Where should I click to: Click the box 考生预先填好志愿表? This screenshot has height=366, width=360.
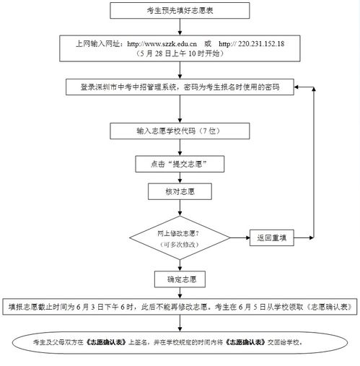click(180, 10)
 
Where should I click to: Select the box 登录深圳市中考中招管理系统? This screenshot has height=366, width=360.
click(180, 87)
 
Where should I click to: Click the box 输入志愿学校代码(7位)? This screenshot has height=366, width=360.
click(180, 131)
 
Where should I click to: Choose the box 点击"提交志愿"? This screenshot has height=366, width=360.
click(180, 164)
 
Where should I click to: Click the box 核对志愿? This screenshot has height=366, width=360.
click(180, 193)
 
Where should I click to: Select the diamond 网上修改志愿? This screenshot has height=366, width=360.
click(179, 238)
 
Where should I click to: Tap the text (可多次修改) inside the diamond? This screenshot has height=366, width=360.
click(179, 245)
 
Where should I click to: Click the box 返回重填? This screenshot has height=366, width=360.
click(272, 238)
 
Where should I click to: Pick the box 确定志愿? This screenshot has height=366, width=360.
click(180, 279)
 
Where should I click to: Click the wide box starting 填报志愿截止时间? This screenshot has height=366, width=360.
click(180, 307)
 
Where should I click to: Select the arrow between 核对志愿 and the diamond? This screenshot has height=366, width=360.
click(180, 210)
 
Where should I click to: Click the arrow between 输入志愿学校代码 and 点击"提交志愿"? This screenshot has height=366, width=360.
click(180, 147)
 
